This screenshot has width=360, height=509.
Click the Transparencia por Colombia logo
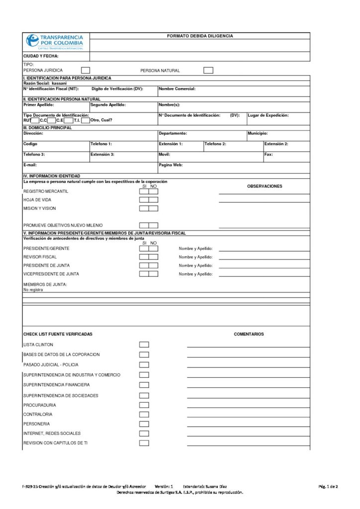pos(55,42)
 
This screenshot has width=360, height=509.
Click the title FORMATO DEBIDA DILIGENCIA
pos(199,36)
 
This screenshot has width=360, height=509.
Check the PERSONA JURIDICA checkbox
pos(86,71)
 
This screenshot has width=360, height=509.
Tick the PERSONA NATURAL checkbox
pos(208,71)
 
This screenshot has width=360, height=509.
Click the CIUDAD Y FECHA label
pos(41,56)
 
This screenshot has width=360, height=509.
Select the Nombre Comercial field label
pos(177,88)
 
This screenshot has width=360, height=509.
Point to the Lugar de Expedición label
pos(268,115)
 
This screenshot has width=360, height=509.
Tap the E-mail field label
pos(30,164)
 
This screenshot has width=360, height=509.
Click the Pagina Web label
pos(171,164)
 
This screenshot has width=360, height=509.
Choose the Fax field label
pos(269,154)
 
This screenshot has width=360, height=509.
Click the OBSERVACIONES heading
pos(265,186)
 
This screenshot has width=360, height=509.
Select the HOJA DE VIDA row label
pos(37,200)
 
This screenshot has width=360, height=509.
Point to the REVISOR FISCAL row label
pos(40,257)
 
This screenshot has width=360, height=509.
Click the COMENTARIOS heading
pos(249,334)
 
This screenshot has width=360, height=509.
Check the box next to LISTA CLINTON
pos(144,344)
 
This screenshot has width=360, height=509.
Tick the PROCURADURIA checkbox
pos(144,405)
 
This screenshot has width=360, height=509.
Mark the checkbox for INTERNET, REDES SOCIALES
pos(144,433)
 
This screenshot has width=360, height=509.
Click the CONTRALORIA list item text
pos(38,414)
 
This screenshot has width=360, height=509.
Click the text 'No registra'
pos(33,289)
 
